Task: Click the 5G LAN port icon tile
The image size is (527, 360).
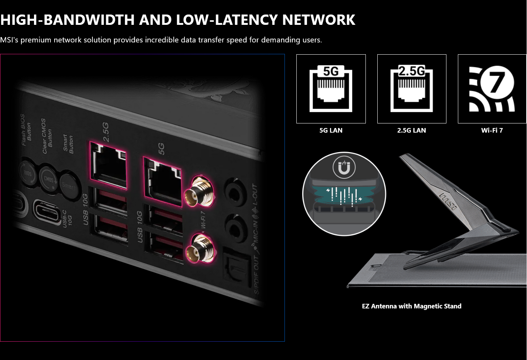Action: (x=331, y=89)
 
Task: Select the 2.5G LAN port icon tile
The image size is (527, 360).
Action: (x=412, y=89)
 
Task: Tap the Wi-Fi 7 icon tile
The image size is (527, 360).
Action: (x=492, y=89)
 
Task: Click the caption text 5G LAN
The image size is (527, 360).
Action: (x=331, y=130)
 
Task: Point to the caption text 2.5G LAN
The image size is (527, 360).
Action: (x=411, y=130)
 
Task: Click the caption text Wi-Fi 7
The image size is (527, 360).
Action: (x=492, y=130)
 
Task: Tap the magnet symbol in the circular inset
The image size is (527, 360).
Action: (x=344, y=167)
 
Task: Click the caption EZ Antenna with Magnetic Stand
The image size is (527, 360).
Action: (x=411, y=306)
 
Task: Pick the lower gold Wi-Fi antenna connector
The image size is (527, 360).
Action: (x=199, y=249)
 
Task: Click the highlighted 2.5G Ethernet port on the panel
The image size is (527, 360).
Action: (x=108, y=165)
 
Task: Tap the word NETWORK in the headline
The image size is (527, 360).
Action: (x=318, y=19)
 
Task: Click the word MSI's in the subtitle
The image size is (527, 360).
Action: (x=9, y=40)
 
